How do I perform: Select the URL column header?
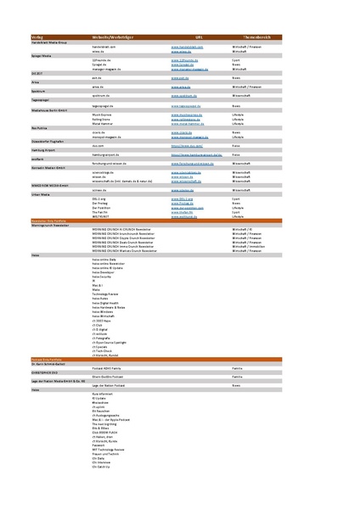pyautogui.click(x=189, y=38)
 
